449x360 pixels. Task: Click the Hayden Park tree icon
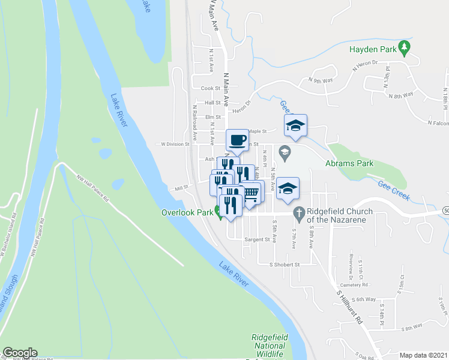pyautogui.click(x=405, y=47)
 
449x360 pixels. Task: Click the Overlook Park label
pyautogui.click(x=187, y=212)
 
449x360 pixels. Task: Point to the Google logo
pyautogui.click(x=20, y=353)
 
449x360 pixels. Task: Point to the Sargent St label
pyautogui.click(x=257, y=239)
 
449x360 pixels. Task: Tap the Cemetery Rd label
pyautogui.click(x=352, y=285)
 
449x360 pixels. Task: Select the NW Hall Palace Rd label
pyautogui.click(x=94, y=187)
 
